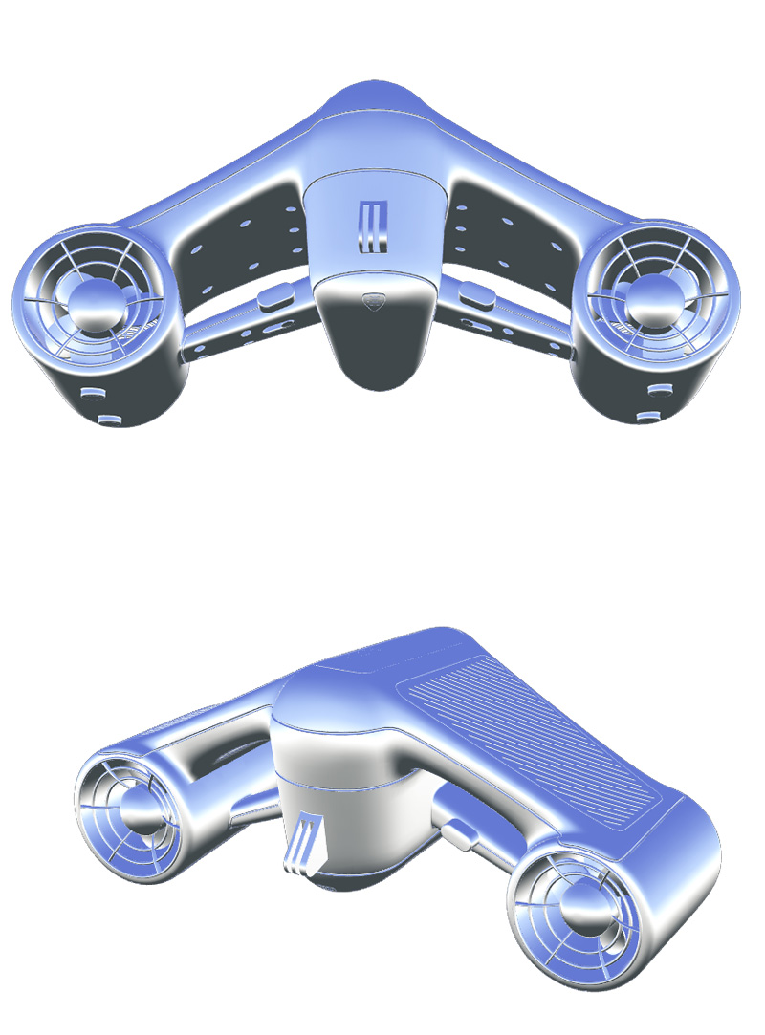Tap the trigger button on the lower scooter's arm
(x=458, y=833)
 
